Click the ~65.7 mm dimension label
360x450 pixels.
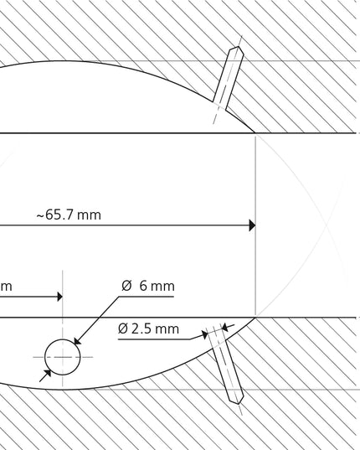pos(69,215)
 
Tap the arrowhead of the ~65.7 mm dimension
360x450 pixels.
pos(252,225)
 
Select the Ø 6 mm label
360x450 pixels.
pos(148,286)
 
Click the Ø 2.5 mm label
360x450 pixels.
pos(148,328)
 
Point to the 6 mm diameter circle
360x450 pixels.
pos(63,339)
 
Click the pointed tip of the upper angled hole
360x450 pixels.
pos(239,47)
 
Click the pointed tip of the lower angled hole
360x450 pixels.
pos(239,404)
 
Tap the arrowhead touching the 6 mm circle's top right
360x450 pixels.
pos(77,341)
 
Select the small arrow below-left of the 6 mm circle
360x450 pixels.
pos(45,375)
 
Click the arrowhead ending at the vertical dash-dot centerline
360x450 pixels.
pos(59,297)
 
